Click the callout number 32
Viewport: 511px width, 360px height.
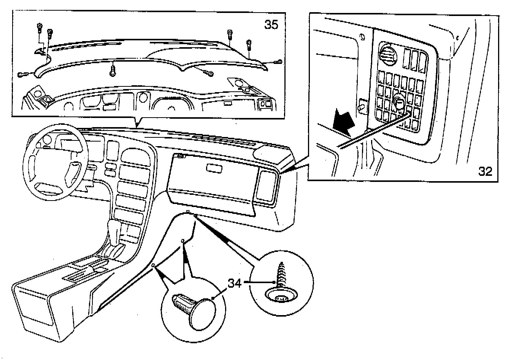coord(485,171)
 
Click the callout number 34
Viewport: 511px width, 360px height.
coord(235,283)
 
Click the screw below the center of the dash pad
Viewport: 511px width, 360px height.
coord(113,70)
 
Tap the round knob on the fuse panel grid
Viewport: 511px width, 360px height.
coord(399,102)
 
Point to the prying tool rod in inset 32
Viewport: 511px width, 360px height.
coord(376,132)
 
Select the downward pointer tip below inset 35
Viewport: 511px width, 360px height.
coord(137,126)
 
